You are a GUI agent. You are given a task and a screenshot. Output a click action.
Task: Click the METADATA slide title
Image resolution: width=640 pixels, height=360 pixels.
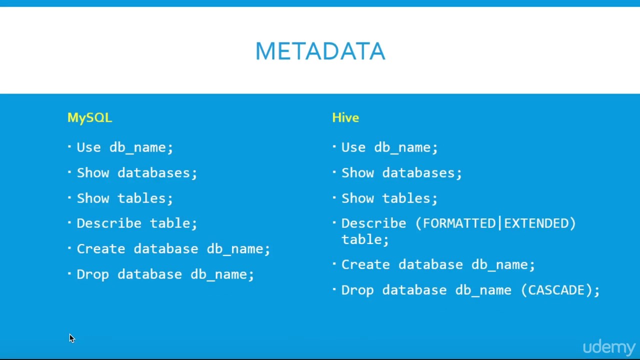[x=320, y=51]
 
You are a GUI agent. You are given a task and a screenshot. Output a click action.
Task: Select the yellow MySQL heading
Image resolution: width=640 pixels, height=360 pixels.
[x=89, y=117]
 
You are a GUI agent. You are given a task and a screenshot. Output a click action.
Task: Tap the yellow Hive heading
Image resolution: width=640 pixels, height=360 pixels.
[x=345, y=117]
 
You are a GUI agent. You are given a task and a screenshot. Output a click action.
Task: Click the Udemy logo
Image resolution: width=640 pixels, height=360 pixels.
[x=608, y=347]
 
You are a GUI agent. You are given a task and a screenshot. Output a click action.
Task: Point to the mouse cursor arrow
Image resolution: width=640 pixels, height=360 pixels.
[x=71, y=338]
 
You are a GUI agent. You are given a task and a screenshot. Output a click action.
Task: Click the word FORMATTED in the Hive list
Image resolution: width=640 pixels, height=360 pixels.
[x=459, y=223]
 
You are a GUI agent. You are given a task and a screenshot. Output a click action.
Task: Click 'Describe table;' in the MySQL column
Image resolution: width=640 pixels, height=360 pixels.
[x=137, y=223]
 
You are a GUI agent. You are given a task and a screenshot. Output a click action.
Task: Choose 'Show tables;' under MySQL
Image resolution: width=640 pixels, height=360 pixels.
[x=124, y=198]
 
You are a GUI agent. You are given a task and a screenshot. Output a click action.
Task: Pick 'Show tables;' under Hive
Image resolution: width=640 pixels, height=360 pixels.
[x=389, y=198]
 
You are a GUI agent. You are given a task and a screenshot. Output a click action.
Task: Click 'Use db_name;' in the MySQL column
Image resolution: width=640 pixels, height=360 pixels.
[x=124, y=147]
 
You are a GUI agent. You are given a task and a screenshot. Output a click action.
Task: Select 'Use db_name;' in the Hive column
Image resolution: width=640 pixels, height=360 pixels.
[x=389, y=147]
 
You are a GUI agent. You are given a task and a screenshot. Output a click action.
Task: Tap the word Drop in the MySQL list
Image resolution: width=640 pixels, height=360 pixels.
[x=92, y=274]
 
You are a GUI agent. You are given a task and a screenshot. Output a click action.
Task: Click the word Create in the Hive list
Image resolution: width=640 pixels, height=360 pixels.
[x=365, y=264]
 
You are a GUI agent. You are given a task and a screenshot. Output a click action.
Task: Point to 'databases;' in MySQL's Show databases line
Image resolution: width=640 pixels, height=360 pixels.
[x=157, y=173]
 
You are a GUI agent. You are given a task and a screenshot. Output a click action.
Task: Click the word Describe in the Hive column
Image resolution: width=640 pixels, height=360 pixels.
[x=373, y=223]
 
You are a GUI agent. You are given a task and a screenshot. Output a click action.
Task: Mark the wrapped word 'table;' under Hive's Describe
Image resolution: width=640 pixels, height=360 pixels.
[x=365, y=239]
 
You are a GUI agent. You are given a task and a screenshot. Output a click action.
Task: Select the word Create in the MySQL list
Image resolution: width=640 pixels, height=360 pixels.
[x=100, y=249]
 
